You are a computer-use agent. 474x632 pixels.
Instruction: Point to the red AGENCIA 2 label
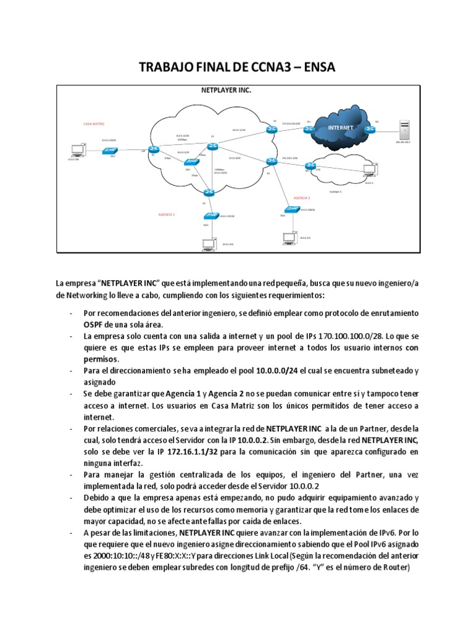tap(301, 198)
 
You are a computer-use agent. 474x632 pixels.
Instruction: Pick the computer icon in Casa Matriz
tap(78, 150)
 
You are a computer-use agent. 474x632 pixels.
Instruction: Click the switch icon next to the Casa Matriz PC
tap(112, 150)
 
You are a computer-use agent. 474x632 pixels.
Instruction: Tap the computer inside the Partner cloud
tap(369, 170)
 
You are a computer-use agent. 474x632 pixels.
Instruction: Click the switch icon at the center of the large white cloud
tap(191, 161)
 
